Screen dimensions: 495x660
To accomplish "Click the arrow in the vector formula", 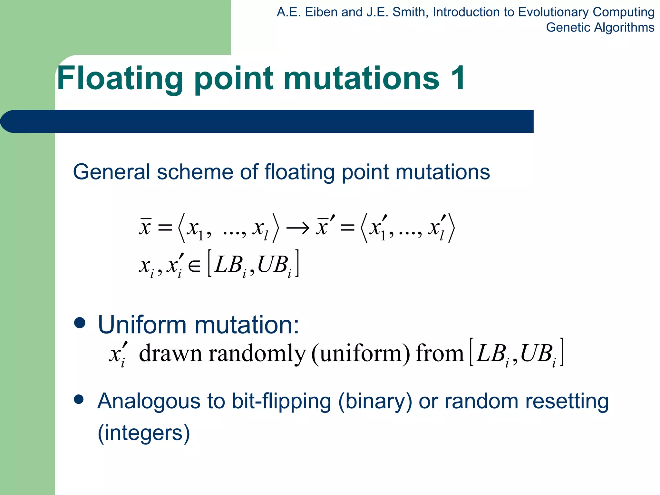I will coord(297,228).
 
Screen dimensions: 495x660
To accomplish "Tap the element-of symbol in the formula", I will coord(194,266).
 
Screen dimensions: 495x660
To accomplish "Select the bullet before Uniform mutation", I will coord(80,323).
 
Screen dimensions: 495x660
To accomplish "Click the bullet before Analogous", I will coord(79,400).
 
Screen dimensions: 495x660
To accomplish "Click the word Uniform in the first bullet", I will coord(142,325).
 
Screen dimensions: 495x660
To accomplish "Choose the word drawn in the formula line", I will coord(170,354).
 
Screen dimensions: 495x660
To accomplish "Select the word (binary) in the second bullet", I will coord(375,402).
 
